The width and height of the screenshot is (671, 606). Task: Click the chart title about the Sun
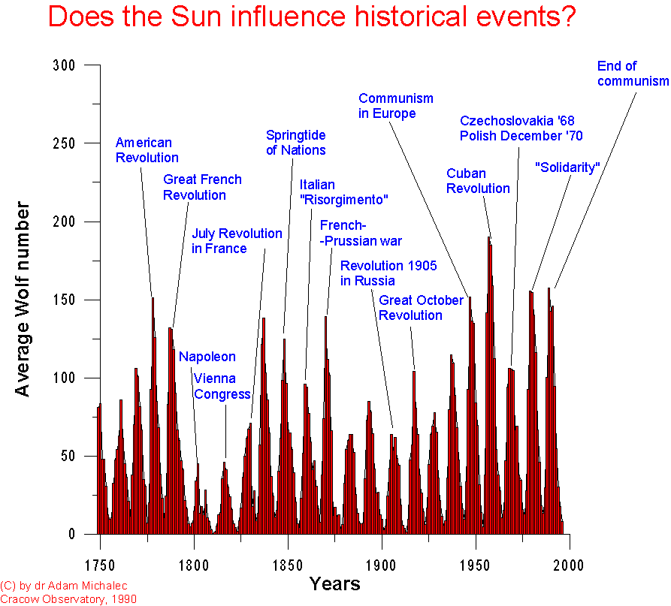tap(312, 17)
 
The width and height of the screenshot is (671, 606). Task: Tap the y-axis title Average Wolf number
tap(23, 299)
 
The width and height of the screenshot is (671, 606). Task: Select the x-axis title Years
tap(334, 583)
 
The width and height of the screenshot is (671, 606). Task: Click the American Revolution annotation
tap(147, 149)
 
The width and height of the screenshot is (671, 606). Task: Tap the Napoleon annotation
tap(207, 357)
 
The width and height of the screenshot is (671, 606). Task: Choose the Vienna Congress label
tap(222, 386)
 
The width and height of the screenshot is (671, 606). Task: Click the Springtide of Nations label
tap(295, 142)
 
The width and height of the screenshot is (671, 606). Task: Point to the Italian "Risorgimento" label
tap(343, 192)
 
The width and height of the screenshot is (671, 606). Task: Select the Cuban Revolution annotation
tap(478, 181)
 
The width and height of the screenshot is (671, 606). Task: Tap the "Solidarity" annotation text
tap(567, 167)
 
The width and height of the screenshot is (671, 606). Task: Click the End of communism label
tap(632, 74)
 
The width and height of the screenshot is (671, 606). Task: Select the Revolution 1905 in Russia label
tap(388, 273)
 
